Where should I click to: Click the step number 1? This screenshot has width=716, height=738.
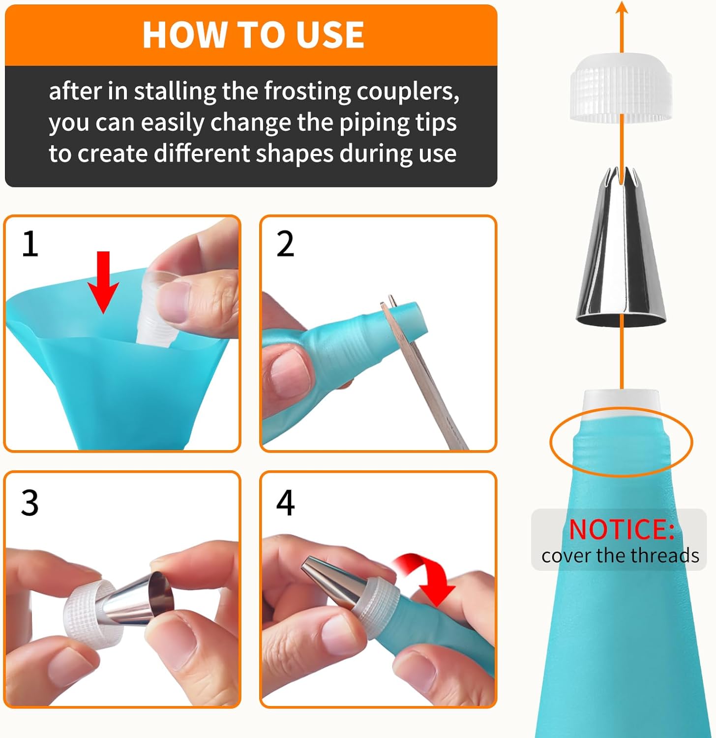coord(30,244)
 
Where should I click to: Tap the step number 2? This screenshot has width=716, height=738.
coord(285,244)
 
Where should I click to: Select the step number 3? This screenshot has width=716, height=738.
coord(30,503)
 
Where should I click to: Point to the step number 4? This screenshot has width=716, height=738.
coord(285,503)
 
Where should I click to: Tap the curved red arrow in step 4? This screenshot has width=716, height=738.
coord(427,576)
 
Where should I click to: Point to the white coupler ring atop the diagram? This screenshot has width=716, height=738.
coord(621,89)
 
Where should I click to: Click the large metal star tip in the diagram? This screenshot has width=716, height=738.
coord(621,251)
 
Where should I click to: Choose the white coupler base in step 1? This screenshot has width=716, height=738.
coord(157,315)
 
